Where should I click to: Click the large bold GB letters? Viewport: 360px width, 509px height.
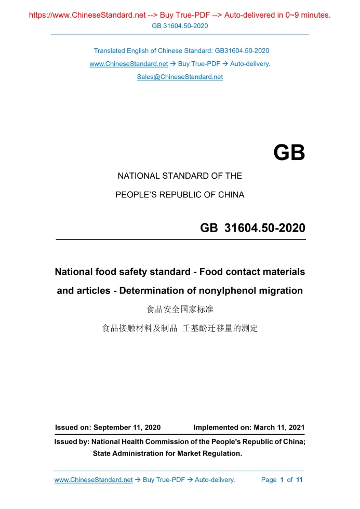[x=289, y=153]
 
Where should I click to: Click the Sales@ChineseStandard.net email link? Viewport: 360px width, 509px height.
[x=180, y=77]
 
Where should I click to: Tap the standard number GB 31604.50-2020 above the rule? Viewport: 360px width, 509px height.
[x=252, y=228]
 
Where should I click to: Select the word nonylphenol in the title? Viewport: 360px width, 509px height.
[x=225, y=290]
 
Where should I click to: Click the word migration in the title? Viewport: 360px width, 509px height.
[x=280, y=290]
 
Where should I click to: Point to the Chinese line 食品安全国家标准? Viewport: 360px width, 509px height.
[x=180, y=310]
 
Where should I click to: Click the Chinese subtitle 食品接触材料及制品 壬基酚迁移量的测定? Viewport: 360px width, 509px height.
[x=180, y=328]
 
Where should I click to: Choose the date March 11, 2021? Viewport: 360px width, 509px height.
[x=278, y=427]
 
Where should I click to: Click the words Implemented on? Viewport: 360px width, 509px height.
[x=222, y=427]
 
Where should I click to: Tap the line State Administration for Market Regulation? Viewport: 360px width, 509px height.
[x=167, y=453]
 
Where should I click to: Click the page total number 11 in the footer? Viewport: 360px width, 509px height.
[x=299, y=480]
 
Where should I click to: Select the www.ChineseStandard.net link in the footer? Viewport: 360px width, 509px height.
[x=94, y=480]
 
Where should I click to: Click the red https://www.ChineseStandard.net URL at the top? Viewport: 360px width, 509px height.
[x=87, y=15]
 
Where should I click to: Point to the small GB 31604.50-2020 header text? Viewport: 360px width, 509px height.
[x=180, y=25]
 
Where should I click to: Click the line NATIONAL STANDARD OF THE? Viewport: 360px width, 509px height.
[x=180, y=176]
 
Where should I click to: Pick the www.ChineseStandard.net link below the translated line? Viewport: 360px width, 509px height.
[x=128, y=64]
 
